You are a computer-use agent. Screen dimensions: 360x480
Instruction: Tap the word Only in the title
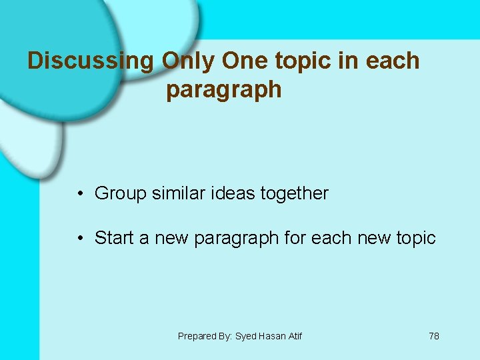189,61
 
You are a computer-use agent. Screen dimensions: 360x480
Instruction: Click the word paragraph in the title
224,90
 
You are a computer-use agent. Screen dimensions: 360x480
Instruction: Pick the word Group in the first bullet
120,194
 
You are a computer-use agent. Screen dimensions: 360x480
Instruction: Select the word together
295,194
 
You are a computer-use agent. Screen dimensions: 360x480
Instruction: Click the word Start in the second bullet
113,238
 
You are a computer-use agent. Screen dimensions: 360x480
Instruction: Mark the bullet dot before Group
79,194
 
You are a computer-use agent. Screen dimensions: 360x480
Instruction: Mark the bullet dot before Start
79,238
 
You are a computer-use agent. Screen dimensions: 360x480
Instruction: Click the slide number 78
433,336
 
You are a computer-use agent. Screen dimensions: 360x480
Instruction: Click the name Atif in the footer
295,336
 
